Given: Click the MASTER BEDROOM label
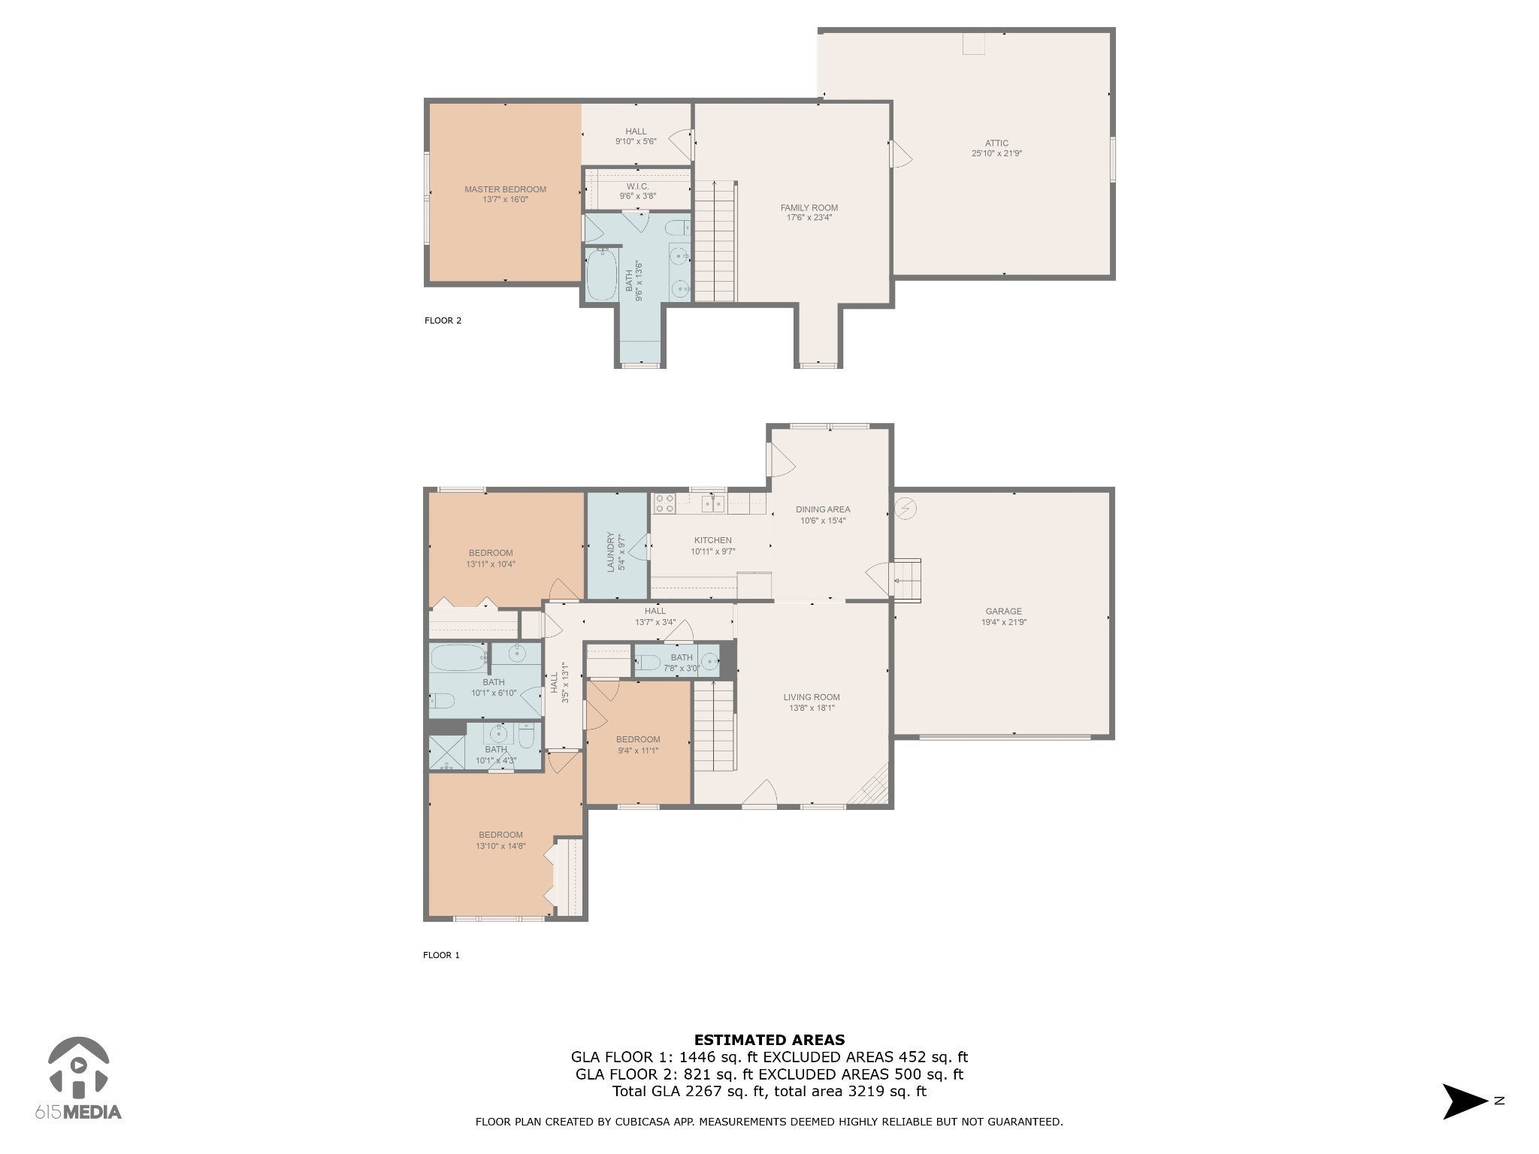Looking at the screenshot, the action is (505, 189).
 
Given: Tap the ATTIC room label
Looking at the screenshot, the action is (996, 143).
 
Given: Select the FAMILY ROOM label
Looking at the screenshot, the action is (809, 207).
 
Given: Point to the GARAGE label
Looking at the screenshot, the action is (1003, 612).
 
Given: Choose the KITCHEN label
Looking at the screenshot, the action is (712, 540).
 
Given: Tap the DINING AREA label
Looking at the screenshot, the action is (823, 509).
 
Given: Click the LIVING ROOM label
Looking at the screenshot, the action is (812, 697).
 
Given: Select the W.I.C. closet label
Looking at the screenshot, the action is (637, 186).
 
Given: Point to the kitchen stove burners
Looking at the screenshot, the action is (664, 503).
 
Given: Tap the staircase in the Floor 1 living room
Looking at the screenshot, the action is (713, 726).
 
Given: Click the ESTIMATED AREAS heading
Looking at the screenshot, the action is (769, 1040).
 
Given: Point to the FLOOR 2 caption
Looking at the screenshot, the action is (443, 321).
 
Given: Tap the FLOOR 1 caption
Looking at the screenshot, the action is (441, 956).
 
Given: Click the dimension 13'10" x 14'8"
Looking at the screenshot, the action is (500, 846).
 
